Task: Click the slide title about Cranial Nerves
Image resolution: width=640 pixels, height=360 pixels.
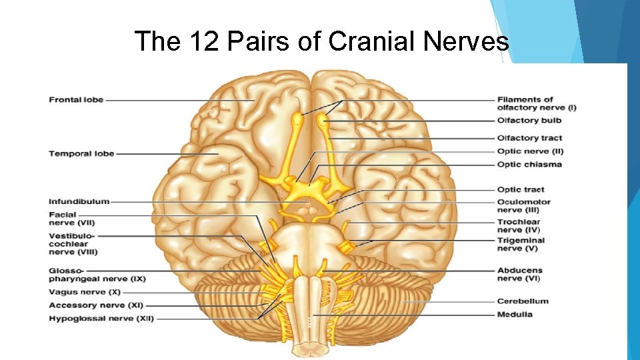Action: pos(321,41)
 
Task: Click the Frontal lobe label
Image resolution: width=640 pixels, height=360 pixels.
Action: pos(76,100)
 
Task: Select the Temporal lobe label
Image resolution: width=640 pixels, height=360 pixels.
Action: pos(81,154)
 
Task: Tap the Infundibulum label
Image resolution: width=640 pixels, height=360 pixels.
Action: pos(79,201)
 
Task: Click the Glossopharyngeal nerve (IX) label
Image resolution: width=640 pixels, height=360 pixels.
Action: pos(97,275)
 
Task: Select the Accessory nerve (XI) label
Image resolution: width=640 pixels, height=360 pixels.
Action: pos(96,305)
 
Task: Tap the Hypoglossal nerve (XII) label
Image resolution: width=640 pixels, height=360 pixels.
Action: pos(101,319)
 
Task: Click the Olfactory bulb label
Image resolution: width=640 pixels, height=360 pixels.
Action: pos(529,121)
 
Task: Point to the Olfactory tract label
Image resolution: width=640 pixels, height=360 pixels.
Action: pos(529,138)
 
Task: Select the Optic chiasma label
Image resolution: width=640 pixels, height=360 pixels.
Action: pos(529,165)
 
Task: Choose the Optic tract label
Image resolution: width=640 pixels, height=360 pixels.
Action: pos(521,190)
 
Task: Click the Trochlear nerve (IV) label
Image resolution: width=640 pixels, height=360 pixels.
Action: pos(519,226)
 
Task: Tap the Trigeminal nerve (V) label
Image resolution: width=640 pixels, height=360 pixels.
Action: pos(521,245)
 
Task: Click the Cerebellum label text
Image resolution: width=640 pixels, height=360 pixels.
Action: pos(523,301)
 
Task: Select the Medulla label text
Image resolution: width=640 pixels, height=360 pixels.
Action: pos(515,315)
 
